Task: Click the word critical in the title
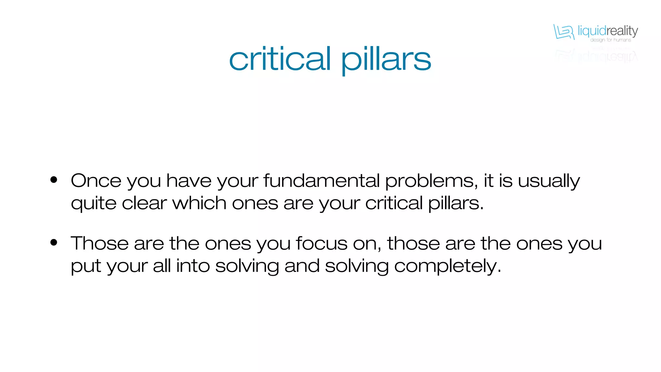pyautogui.click(x=280, y=59)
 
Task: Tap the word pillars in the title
pyautogui.click(x=386, y=60)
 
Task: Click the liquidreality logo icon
pyautogui.click(x=564, y=32)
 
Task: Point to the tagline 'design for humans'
pyautogui.click(x=610, y=40)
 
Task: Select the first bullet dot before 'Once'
pyautogui.click(x=54, y=180)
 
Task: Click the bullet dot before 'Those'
pyautogui.click(x=54, y=242)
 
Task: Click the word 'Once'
pyautogui.click(x=96, y=181)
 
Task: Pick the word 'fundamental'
pyautogui.click(x=321, y=181)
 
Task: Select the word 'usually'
pyautogui.click(x=549, y=181)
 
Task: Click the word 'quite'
pyautogui.click(x=94, y=204)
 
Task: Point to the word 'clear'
pyautogui.click(x=144, y=203)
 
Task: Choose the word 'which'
pyautogui.click(x=199, y=203)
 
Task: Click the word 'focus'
pyautogui.click(x=321, y=243)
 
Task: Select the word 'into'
pyautogui.click(x=193, y=266)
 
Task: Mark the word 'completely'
pyautogui.click(x=447, y=266)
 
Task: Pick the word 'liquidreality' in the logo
pyautogui.click(x=607, y=31)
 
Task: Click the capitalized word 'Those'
pyautogui.click(x=100, y=243)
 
